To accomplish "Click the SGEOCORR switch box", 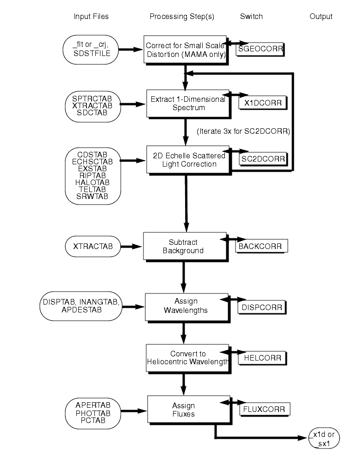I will click(x=260, y=49).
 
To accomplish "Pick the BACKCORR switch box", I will click(x=261, y=246).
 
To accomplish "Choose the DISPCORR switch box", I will click(x=261, y=306).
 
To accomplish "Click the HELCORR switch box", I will click(x=261, y=358).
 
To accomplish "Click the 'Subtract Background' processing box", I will click(x=186, y=246).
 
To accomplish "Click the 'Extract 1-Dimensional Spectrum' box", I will click(x=188, y=103).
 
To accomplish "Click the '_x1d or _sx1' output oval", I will click(x=324, y=438).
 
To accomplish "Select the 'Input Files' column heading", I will click(x=91, y=17).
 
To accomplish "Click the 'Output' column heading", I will click(x=321, y=17).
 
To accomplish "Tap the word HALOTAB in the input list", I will click(x=93, y=182).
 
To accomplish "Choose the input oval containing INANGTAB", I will click(x=81, y=306).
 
